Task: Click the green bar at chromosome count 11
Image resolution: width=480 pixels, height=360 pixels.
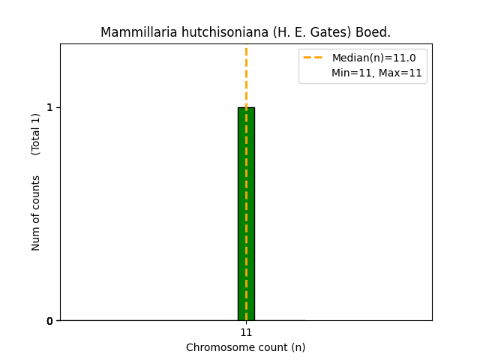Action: tap(246, 214)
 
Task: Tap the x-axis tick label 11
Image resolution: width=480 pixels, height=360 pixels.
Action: tap(246, 332)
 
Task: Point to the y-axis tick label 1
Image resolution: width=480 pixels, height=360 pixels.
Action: tap(49, 107)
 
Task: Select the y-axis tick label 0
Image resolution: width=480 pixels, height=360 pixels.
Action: tap(49, 321)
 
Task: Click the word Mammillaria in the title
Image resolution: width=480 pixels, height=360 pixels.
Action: tap(135, 33)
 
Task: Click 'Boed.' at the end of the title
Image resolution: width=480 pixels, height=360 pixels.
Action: tap(374, 33)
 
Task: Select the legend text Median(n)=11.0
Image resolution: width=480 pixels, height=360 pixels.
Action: tap(373, 58)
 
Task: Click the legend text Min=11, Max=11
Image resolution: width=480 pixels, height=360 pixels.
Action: tap(376, 73)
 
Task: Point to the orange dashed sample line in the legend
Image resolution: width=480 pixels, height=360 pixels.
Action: tap(313, 58)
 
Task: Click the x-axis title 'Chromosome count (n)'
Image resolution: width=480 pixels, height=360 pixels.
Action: tap(246, 347)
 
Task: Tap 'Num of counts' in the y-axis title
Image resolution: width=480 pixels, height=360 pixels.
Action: tap(36, 213)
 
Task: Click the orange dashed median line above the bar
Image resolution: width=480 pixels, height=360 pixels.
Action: tap(246, 75)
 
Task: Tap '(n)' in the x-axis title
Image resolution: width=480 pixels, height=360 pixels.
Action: tap(298, 347)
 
